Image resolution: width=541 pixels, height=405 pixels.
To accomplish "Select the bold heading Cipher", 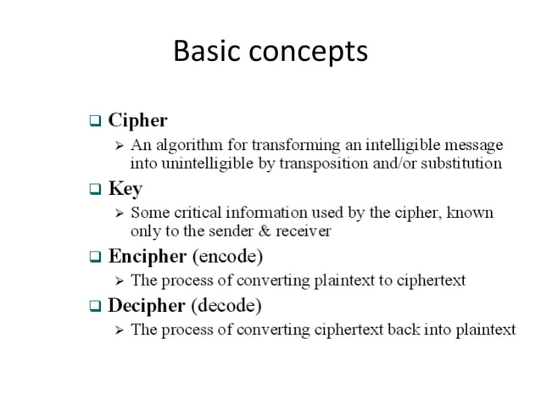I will point(138,120).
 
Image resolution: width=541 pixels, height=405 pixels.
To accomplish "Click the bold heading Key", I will point(125,188).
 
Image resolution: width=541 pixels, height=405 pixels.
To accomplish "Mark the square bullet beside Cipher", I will point(95,121).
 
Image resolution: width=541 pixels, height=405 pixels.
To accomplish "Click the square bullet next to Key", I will point(95,189).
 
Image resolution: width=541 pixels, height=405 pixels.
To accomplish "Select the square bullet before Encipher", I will point(95,256).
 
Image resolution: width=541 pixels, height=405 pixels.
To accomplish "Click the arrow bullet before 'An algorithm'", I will point(120,145).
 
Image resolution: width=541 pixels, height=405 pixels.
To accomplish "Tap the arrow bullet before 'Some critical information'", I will point(120,213).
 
